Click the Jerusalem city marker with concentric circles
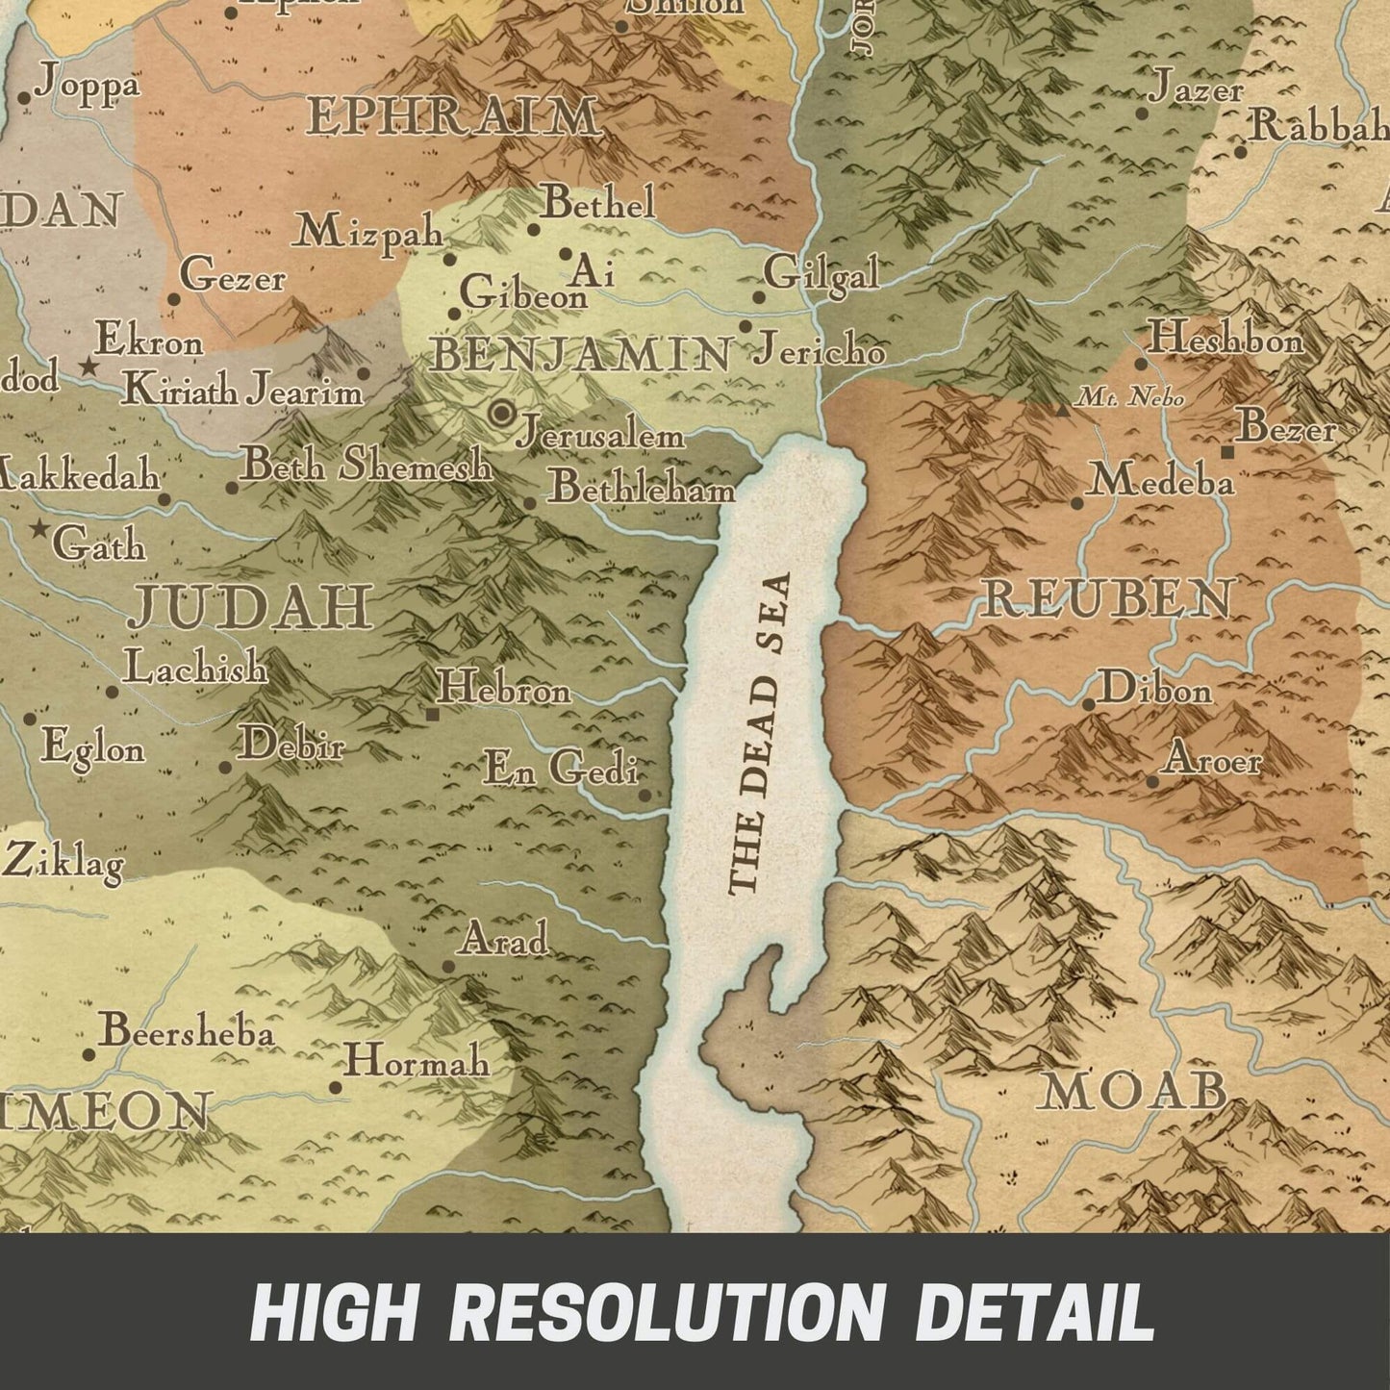coord(501,415)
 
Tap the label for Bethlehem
coord(642,489)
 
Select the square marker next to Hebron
coord(433,714)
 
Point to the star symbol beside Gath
coord(39,528)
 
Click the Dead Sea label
coord(760,733)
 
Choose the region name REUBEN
coord(1106,599)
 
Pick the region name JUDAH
coord(251,607)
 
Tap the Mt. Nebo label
coord(1130,396)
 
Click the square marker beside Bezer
coord(1227,451)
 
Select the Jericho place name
coord(819,350)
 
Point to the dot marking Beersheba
coord(88,1054)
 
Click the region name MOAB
coord(1133,1091)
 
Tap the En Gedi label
coord(561,769)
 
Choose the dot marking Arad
coord(448,967)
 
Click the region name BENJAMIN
coord(580,355)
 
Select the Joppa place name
coord(87,85)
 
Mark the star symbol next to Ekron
coord(88,366)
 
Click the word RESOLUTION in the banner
coord(666,1311)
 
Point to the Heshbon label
coord(1226,339)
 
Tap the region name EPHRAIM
coord(454,117)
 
